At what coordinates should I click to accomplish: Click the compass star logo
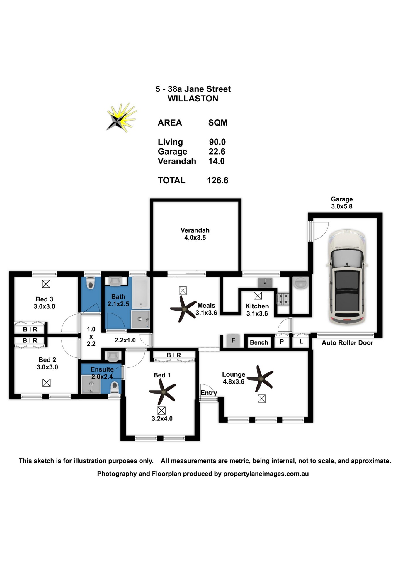[x=121, y=118]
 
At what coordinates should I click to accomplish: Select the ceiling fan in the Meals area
[x=183, y=309]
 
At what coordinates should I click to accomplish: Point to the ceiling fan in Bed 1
[x=163, y=391]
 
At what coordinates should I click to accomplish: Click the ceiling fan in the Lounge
[x=261, y=379]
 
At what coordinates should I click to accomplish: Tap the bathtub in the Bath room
[x=141, y=292]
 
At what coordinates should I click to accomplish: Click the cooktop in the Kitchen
[x=283, y=299]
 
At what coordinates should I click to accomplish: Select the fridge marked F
[x=233, y=340]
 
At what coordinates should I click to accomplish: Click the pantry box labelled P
[x=282, y=342]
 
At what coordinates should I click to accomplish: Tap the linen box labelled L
[x=301, y=342]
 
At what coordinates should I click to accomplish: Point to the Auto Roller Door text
[x=347, y=343]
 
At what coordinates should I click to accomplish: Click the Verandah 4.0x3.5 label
[x=195, y=234]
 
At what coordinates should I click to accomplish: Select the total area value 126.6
[x=217, y=180]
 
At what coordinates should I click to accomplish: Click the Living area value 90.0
[x=217, y=142]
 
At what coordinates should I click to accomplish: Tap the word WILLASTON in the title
[x=193, y=99]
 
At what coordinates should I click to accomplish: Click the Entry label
[x=209, y=393]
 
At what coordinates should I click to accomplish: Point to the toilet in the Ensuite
[x=115, y=387]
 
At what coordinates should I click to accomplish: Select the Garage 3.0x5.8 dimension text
[x=342, y=203]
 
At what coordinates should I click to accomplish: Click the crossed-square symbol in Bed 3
[x=46, y=284]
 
